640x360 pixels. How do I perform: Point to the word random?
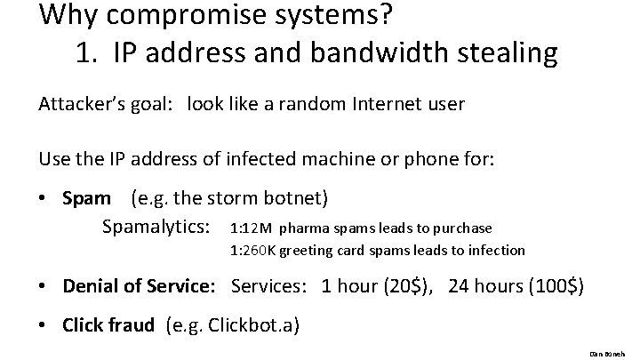coord(302,104)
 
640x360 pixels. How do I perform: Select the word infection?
coord(494,251)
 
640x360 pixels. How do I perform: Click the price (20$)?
coord(406,286)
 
